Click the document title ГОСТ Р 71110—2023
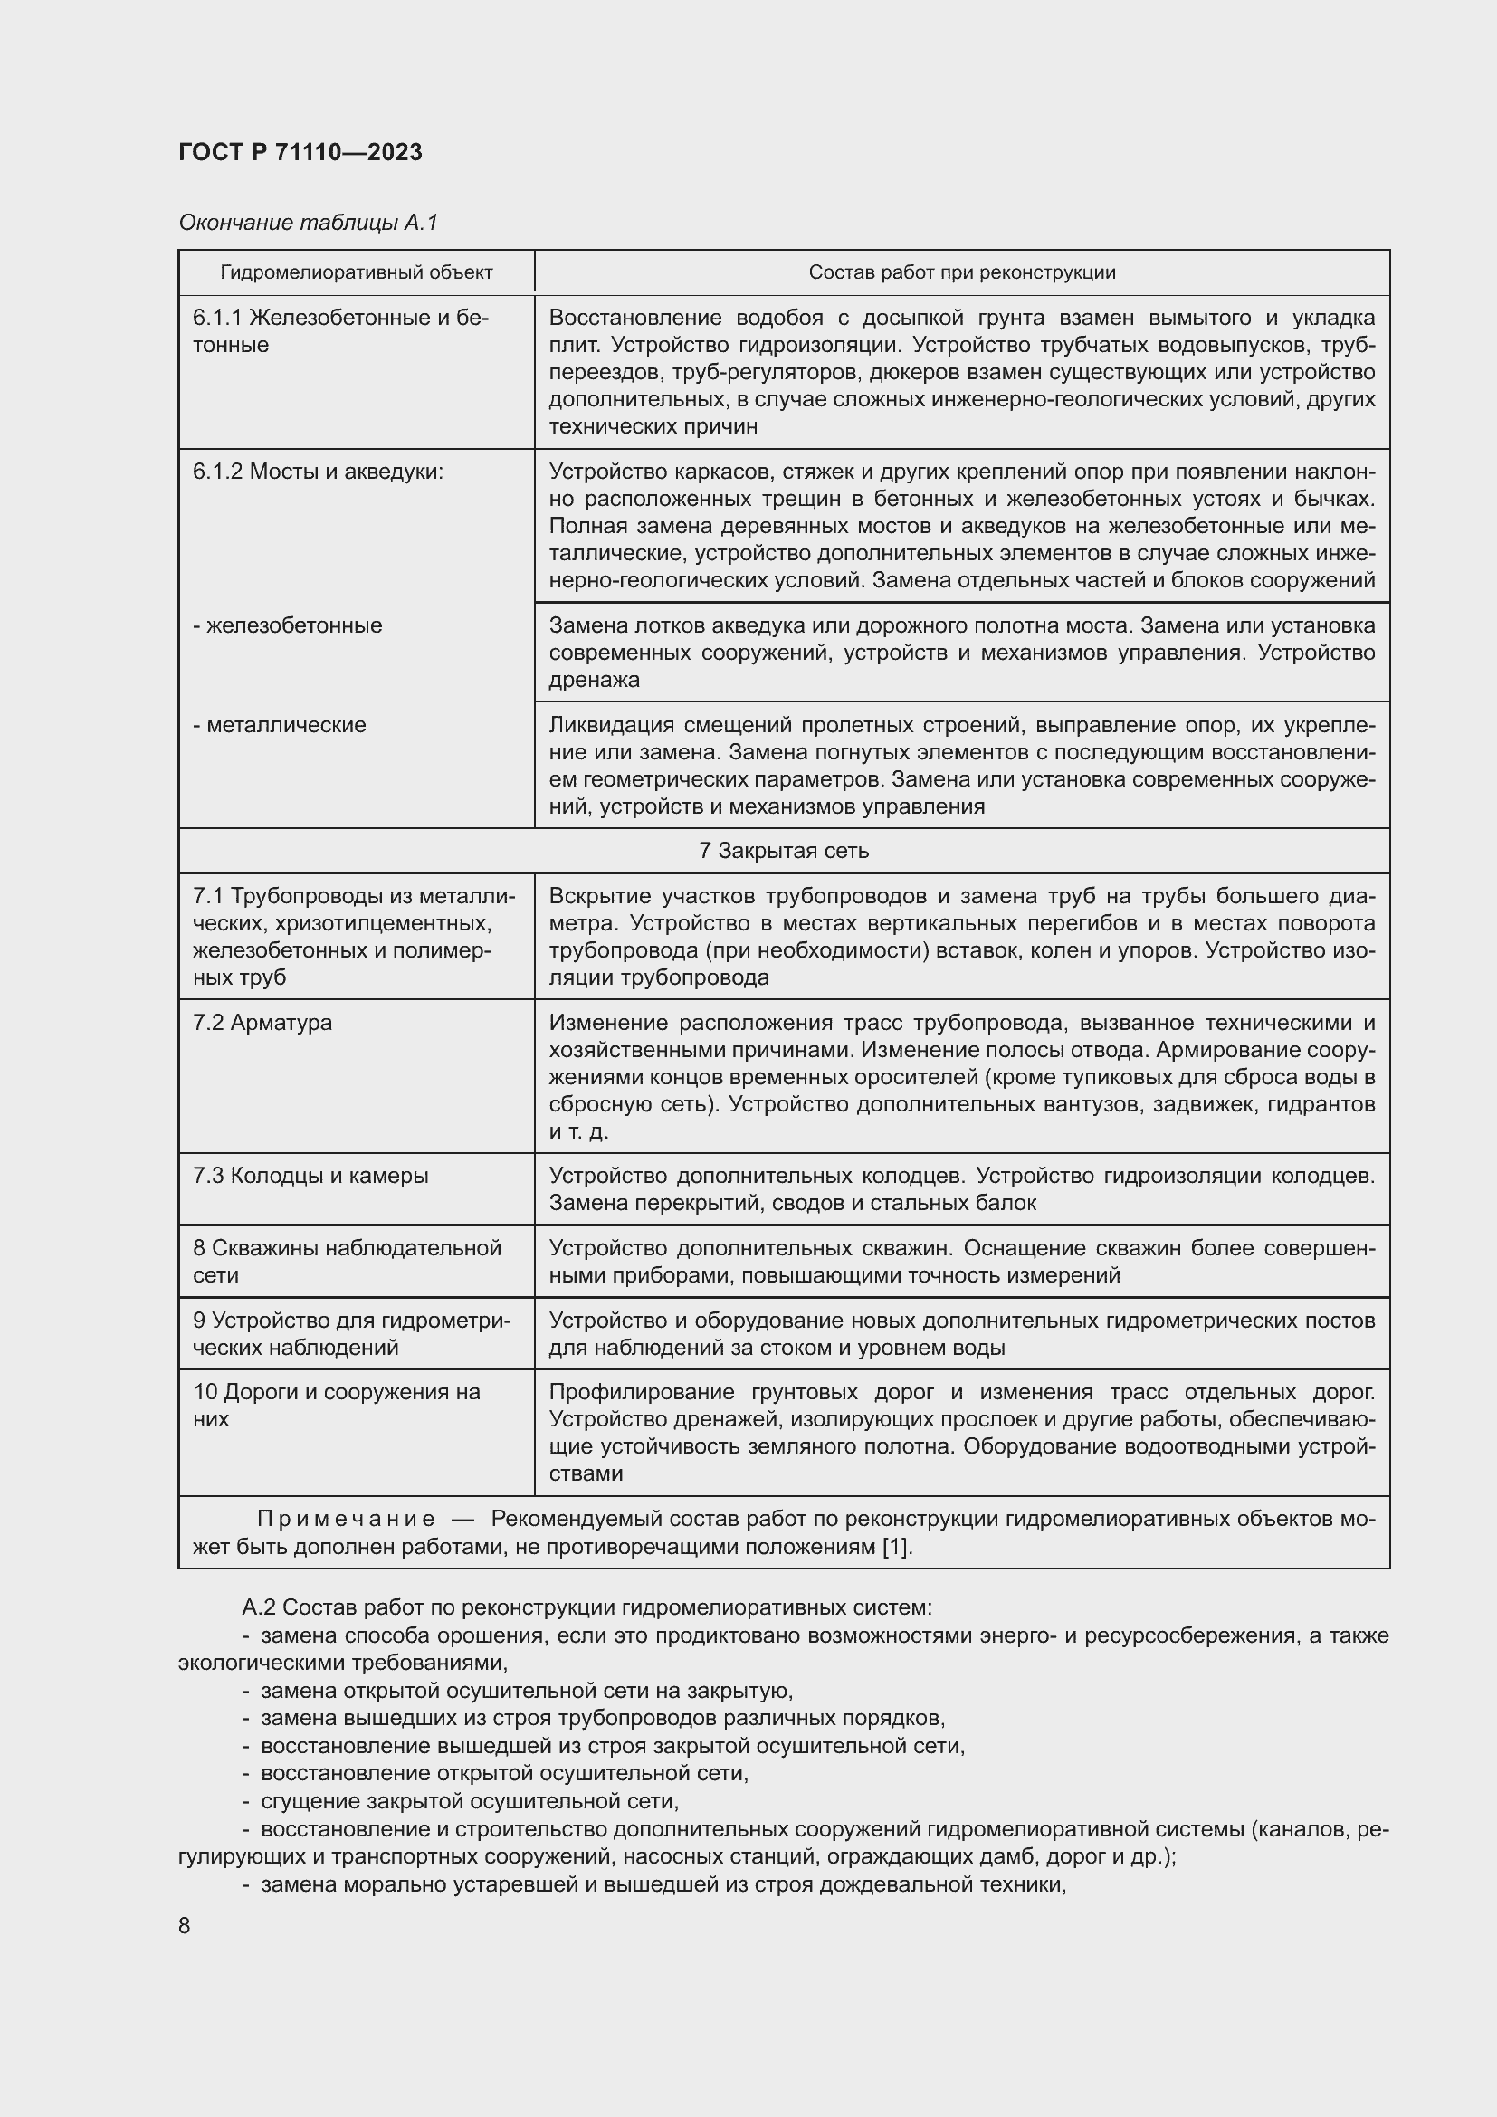pyautogui.click(x=300, y=152)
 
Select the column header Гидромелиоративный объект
pyautogui.click(x=356, y=272)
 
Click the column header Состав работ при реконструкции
pyautogui.click(x=961, y=272)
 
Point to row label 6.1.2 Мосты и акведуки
pyautogui.click(x=318, y=472)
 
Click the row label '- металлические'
pyautogui.click(x=280, y=725)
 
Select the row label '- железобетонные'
pyautogui.click(x=288, y=625)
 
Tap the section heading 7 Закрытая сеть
pyautogui.click(x=784, y=850)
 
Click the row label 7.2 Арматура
pyautogui.click(x=262, y=1023)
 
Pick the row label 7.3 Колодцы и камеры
pyautogui.click(x=310, y=1176)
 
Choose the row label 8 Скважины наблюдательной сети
pyautogui.click(x=347, y=1261)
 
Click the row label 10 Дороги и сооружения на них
pyautogui.click(x=337, y=1406)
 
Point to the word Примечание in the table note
pyautogui.click(x=346, y=1519)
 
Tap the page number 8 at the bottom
pyautogui.click(x=185, y=1926)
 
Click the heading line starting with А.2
pyautogui.click(x=586, y=1607)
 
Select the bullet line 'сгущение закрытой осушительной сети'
pyautogui.click(x=469, y=1801)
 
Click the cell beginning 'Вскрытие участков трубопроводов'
pyautogui.click(x=961, y=936)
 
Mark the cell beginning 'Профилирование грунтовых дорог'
pyautogui.click(x=961, y=1432)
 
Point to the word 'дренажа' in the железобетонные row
pyautogui.click(x=594, y=680)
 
